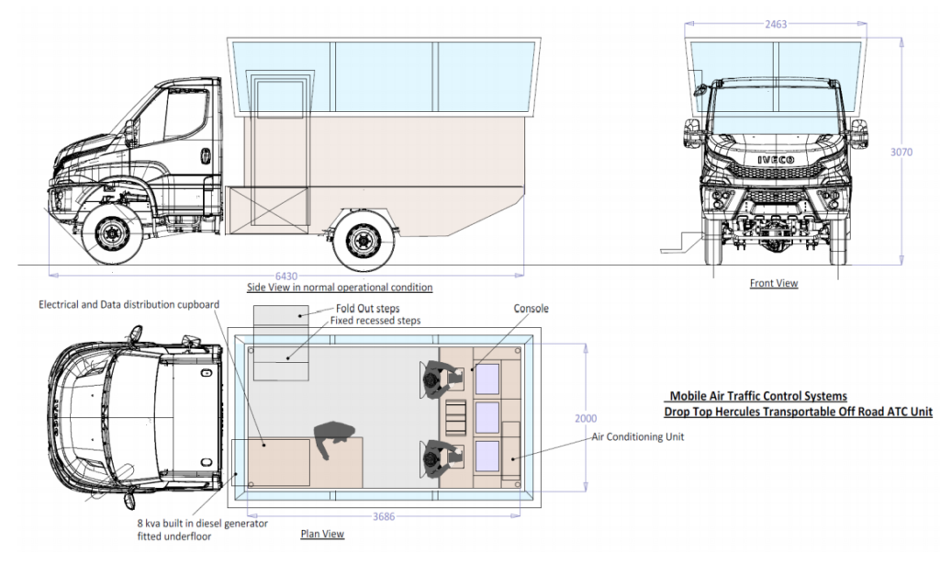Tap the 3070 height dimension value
pos(902,153)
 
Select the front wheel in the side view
pos(110,236)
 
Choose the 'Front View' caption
pos(774,284)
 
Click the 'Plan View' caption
pos(322,534)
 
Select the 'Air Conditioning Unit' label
pos(637,437)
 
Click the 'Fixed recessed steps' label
pos(376,321)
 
